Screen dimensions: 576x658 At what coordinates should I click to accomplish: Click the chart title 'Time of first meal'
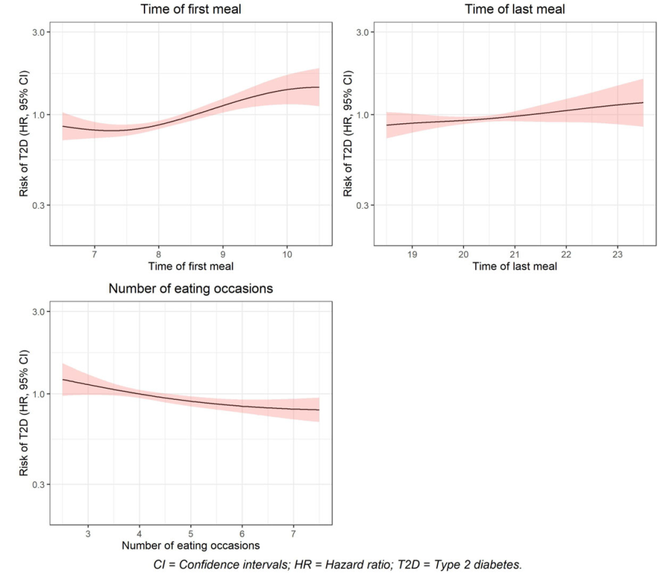(x=191, y=10)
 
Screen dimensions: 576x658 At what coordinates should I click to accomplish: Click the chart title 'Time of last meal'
(x=515, y=10)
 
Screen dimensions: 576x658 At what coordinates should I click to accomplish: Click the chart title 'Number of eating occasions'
(x=191, y=289)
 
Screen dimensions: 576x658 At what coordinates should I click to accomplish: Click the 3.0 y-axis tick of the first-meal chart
(x=38, y=32)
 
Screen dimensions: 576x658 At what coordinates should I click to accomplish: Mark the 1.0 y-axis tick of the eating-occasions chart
(x=38, y=394)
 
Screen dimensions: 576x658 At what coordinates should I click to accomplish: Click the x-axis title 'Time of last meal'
(x=515, y=266)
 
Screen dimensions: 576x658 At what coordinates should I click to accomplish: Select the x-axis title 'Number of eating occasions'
(x=191, y=545)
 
